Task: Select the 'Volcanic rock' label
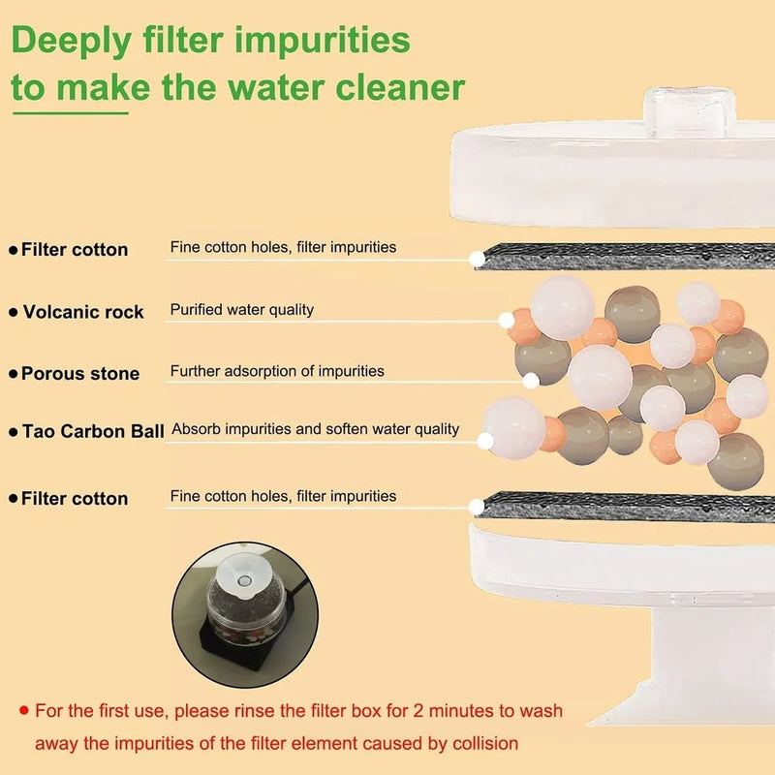click(x=83, y=312)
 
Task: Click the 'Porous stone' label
click(x=80, y=374)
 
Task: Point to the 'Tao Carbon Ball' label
click(x=93, y=431)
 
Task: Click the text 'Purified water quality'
click(x=242, y=310)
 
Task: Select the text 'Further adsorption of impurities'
click(x=277, y=371)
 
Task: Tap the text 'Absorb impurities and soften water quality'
click(x=315, y=429)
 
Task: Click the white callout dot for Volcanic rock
click(x=506, y=320)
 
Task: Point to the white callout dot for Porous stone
click(x=530, y=381)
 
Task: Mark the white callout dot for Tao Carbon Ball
click(x=485, y=441)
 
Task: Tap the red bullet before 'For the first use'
click(x=23, y=711)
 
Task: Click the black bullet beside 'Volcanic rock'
click(x=14, y=313)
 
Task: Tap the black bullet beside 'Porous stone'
click(x=14, y=375)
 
